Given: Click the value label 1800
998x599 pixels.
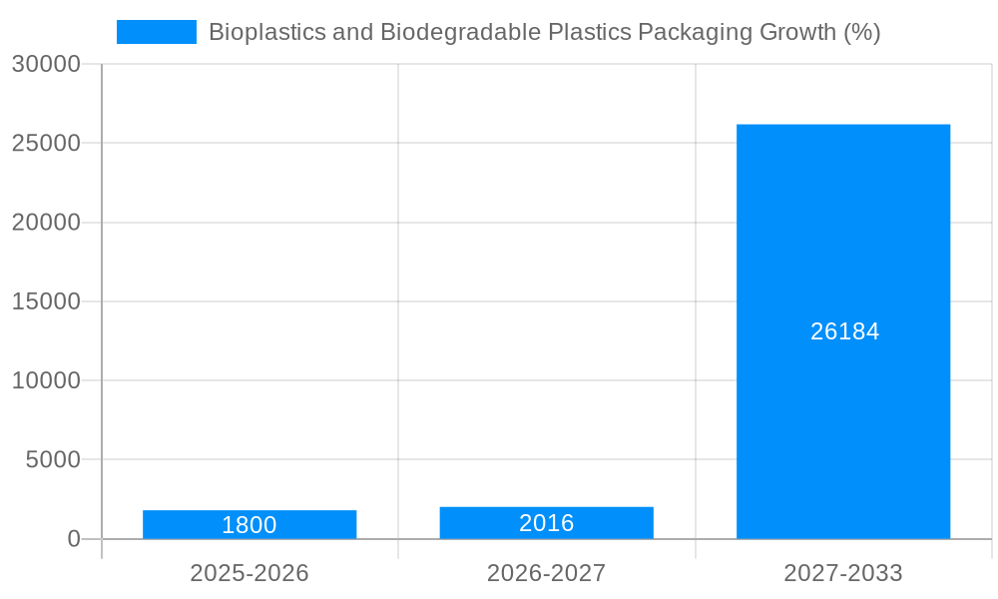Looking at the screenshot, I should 249,525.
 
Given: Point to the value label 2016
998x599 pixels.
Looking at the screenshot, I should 546,523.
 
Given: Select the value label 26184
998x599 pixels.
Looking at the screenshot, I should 844,331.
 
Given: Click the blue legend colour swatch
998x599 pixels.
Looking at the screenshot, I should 157,32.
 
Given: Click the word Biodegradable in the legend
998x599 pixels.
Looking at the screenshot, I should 459,32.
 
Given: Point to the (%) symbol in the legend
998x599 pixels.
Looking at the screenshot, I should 861,32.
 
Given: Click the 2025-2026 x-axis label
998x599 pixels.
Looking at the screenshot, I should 249,573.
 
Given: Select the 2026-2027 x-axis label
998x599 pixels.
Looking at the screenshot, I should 546,573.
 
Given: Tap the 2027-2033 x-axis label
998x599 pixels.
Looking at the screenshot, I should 843,573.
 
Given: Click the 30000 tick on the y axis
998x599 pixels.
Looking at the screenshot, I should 46,64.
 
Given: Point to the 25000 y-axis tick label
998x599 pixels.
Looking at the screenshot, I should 46,143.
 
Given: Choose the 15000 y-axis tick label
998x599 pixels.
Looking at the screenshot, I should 46,301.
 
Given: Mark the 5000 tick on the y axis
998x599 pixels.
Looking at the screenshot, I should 52,460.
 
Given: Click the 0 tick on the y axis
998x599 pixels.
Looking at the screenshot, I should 74,539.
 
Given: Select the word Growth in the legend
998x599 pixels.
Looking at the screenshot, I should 788,32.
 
